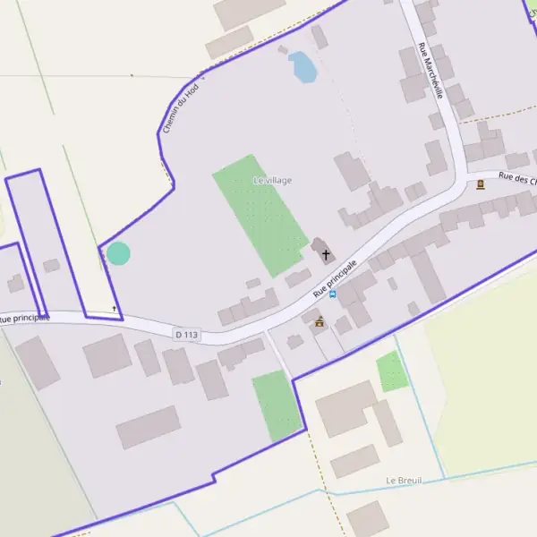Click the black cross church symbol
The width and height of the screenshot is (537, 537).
tap(327, 254)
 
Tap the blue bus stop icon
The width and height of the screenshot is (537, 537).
tap(333, 294)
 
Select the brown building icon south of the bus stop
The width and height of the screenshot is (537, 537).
tap(320, 321)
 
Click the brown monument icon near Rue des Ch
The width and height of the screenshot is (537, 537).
tap(481, 184)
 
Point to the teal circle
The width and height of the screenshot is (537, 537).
tap(118, 253)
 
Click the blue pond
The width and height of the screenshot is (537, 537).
tap(303, 67)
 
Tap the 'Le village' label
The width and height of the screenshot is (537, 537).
tap(272, 181)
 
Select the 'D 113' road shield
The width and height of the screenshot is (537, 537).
tap(186, 334)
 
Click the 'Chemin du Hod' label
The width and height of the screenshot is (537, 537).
tap(179, 109)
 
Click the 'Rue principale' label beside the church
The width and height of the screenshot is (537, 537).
tap(336, 279)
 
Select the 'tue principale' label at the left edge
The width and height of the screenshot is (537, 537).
tap(25, 318)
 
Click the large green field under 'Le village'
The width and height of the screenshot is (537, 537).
tap(260, 215)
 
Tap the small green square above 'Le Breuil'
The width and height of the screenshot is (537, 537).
tap(392, 371)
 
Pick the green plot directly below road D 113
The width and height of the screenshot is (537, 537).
tap(277, 405)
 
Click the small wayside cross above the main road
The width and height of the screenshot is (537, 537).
tap(115, 309)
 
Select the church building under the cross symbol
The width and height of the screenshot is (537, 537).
tap(320, 248)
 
